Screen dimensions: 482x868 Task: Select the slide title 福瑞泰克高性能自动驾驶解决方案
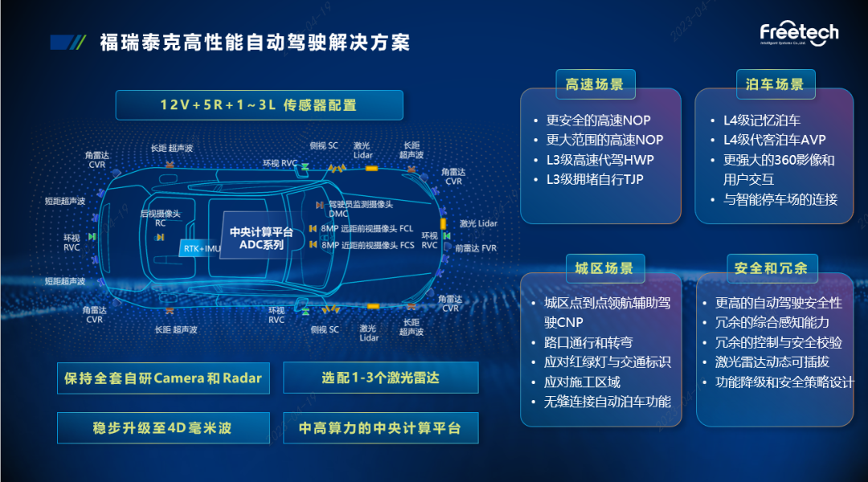(255, 42)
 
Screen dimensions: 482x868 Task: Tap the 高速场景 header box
(595, 84)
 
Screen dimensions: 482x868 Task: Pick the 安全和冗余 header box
(770, 268)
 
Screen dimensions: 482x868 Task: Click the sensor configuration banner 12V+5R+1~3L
(259, 104)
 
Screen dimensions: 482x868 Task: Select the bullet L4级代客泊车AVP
(774, 141)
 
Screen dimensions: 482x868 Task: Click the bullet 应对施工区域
(582, 382)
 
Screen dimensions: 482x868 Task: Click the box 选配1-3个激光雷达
(380, 378)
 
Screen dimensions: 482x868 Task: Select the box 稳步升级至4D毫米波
(162, 428)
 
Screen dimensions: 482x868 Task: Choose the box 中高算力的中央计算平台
(380, 428)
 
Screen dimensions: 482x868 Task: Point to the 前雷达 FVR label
(475, 248)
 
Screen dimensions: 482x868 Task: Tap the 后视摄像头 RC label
(160, 219)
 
